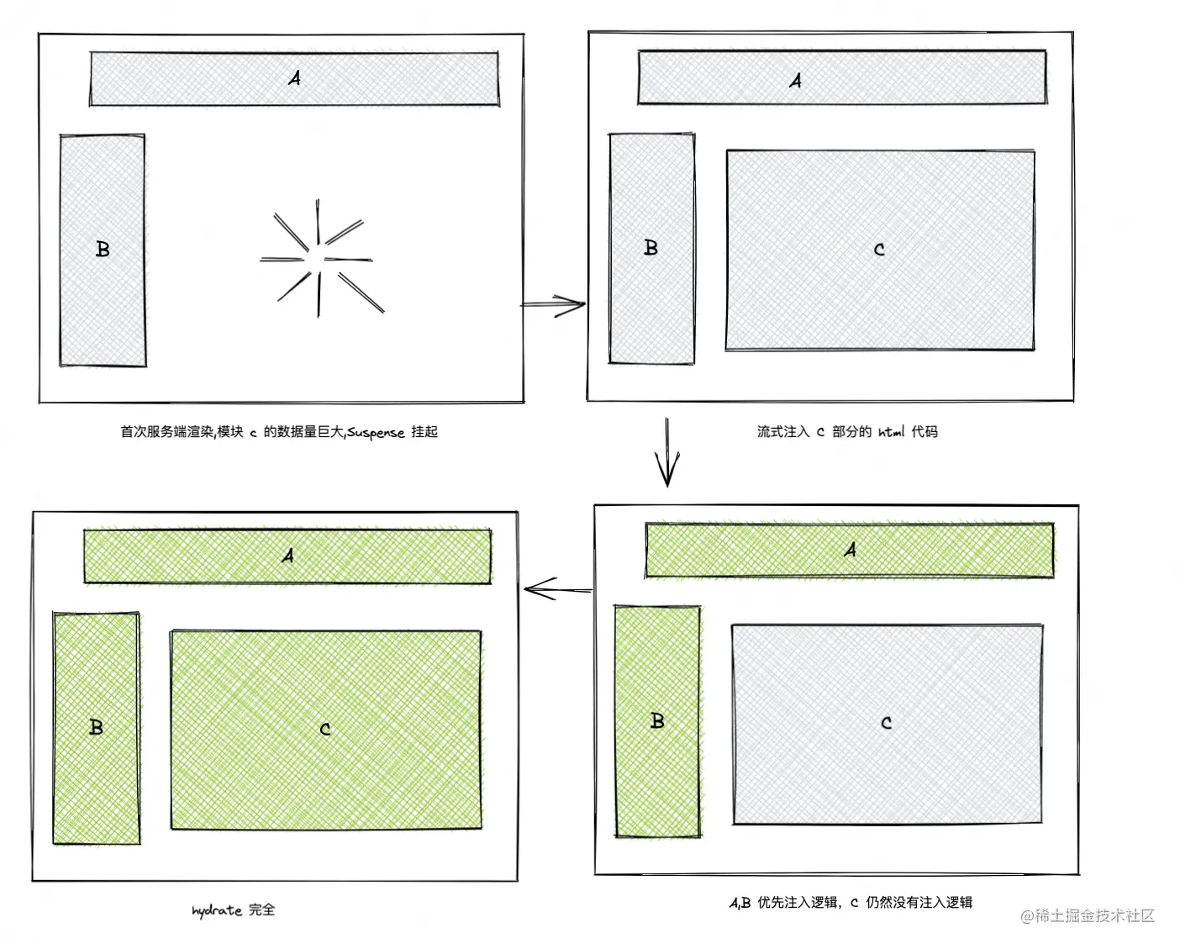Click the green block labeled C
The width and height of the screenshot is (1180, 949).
coord(326,730)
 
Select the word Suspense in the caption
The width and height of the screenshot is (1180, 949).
coord(377,433)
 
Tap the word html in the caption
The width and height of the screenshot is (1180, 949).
coord(891,432)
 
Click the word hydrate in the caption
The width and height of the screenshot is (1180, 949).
coord(217,910)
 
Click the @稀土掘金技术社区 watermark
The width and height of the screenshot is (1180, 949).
coord(1088,915)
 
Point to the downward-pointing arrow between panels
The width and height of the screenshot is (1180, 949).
coord(667,452)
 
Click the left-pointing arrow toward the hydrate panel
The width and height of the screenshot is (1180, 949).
coord(558,590)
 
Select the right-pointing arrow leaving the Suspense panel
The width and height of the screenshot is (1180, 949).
coord(553,304)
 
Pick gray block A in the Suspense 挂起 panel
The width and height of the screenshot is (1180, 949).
coord(294,78)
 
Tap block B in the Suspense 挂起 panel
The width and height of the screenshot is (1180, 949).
coord(103,250)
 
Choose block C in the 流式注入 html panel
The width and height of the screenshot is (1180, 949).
coord(880,250)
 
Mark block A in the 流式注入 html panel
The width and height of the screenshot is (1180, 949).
coord(842,77)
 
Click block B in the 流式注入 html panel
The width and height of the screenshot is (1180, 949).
coord(651,248)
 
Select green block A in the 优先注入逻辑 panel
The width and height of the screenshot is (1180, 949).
coord(850,551)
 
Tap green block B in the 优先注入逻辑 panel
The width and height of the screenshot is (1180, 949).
coord(657,721)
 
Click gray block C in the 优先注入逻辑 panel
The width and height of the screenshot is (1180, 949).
coord(888,724)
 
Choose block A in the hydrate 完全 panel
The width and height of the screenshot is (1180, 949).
coord(287,556)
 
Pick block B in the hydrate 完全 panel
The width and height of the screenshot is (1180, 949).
coord(97,728)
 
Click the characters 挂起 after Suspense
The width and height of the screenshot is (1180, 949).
coord(424,432)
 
